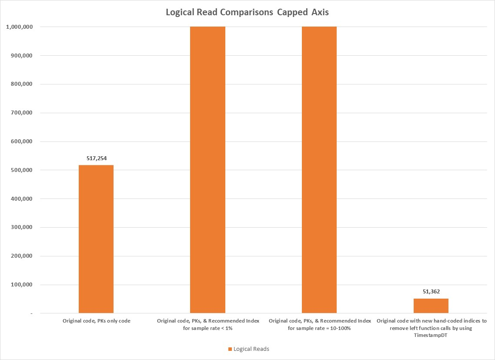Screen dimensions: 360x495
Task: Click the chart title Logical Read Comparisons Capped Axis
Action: coord(247,12)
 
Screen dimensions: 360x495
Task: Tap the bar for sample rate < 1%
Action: coord(207,170)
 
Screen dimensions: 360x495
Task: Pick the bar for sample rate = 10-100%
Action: coord(319,170)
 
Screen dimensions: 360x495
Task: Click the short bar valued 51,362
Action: coord(431,306)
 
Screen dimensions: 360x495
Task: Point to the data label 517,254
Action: coord(96,158)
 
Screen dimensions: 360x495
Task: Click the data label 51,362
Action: coord(431,292)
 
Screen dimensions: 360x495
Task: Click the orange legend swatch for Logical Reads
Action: coord(230,349)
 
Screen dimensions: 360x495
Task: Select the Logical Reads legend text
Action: coord(251,349)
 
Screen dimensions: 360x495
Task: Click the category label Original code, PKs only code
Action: coord(96,321)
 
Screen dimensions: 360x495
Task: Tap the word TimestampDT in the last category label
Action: coord(431,335)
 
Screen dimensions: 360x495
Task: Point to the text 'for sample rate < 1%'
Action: coord(208,328)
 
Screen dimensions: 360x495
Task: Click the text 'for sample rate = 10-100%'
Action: coord(320,328)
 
